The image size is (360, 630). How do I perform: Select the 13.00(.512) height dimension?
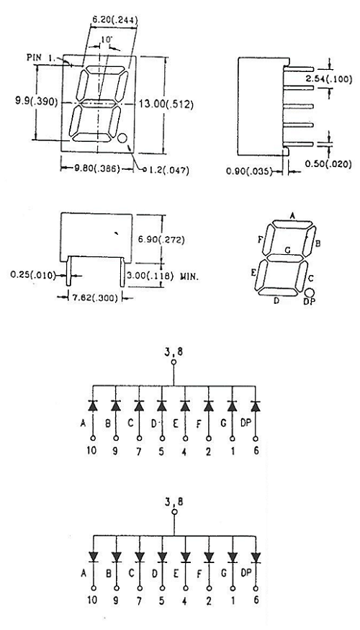coord(166,104)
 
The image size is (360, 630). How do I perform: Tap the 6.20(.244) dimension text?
coord(115,19)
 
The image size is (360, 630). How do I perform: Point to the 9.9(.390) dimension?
coord(37,102)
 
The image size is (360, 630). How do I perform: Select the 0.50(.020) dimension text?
coord(328,164)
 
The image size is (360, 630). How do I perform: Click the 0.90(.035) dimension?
coord(249,171)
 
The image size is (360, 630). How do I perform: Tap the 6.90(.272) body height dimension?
coord(161,240)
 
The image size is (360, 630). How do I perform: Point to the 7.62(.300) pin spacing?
coord(94,298)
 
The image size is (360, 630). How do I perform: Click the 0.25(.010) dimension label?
coord(33,275)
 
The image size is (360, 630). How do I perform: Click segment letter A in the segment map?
coord(292,216)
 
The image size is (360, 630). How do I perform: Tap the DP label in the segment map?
coord(309,302)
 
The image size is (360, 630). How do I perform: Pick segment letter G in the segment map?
coord(287,251)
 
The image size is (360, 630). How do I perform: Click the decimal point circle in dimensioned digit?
coord(122,139)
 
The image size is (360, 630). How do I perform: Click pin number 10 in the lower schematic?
coord(92,600)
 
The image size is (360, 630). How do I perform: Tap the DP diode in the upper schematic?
coord(256,406)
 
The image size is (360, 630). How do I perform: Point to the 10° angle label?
coord(106,40)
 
